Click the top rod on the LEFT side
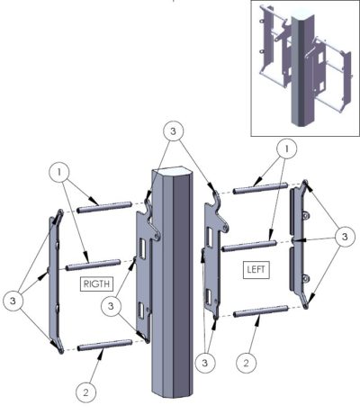[260, 189]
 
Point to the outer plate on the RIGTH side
[53, 279]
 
